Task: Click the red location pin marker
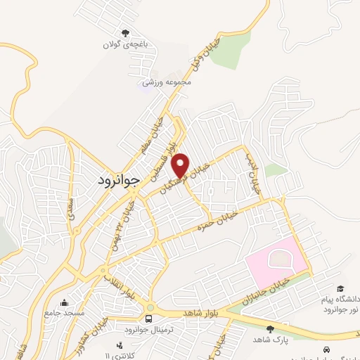(x=181, y=165)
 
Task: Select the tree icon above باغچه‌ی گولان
(x=126, y=33)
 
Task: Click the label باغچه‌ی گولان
(x=126, y=46)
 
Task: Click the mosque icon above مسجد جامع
(x=65, y=302)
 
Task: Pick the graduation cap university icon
(x=340, y=289)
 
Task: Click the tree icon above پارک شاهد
(x=270, y=328)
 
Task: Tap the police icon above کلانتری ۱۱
(x=120, y=345)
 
